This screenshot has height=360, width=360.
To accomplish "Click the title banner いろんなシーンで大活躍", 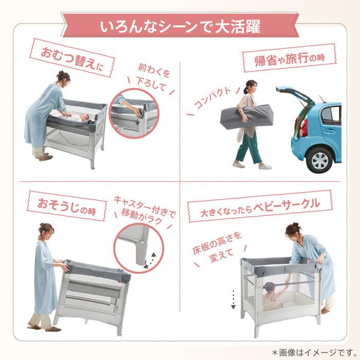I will click(180, 25).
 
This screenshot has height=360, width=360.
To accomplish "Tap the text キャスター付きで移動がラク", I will click(144, 206).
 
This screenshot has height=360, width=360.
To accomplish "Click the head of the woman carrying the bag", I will click(249, 86).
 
